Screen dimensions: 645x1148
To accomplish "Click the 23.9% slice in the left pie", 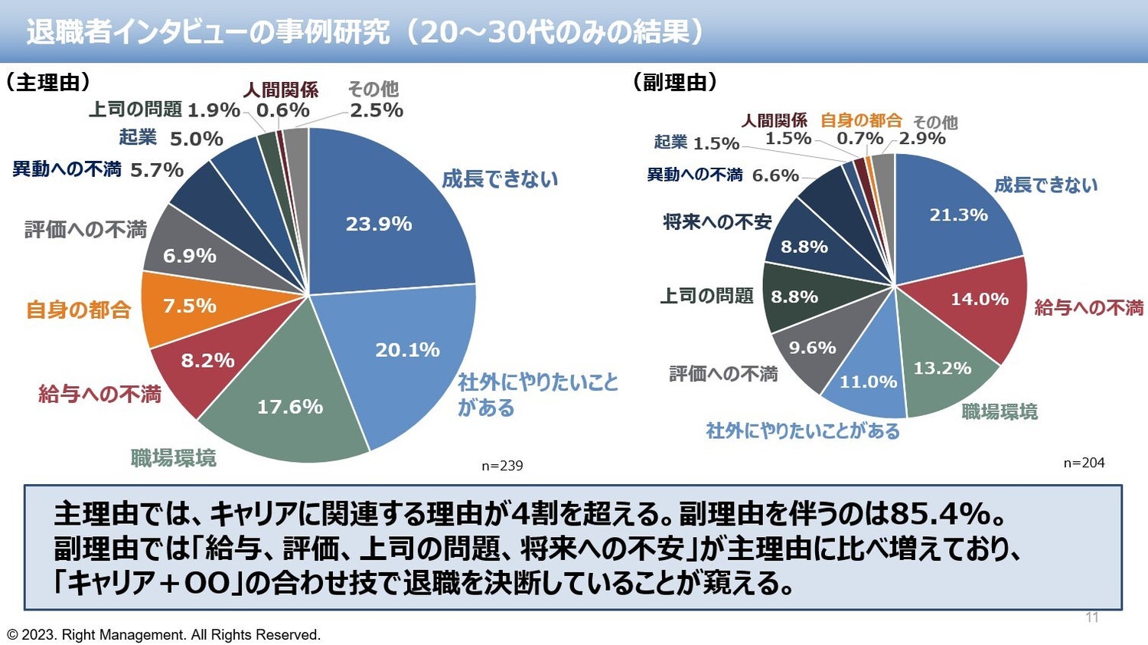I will coord(379,224).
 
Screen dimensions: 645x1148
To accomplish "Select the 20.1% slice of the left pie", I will coord(407,350).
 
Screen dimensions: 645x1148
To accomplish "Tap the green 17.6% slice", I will coord(289,406).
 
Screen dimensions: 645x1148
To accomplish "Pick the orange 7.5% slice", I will coord(189,306).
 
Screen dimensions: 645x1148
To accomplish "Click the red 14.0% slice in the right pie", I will coord(979,299).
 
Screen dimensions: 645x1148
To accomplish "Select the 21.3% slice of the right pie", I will coord(958,215).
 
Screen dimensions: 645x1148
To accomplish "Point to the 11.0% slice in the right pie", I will coord(868,381).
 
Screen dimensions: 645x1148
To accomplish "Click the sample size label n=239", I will coord(502,466).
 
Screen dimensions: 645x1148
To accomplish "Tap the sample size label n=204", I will coord(1084,463).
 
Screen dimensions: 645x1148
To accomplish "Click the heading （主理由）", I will coord(47,83).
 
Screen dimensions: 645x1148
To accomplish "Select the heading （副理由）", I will coord(674,83).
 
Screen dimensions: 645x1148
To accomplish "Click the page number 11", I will coord(1092,617).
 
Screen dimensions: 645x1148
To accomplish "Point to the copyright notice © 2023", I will coord(164,635).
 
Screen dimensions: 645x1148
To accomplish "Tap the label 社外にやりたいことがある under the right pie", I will coord(802,431).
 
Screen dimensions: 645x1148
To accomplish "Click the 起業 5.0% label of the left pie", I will coord(171,138).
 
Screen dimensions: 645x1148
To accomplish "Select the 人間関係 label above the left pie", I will coord(280,90).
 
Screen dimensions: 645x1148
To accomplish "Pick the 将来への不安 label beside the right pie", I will coord(717,222).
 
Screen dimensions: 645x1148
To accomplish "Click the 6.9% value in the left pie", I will coord(189,256).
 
